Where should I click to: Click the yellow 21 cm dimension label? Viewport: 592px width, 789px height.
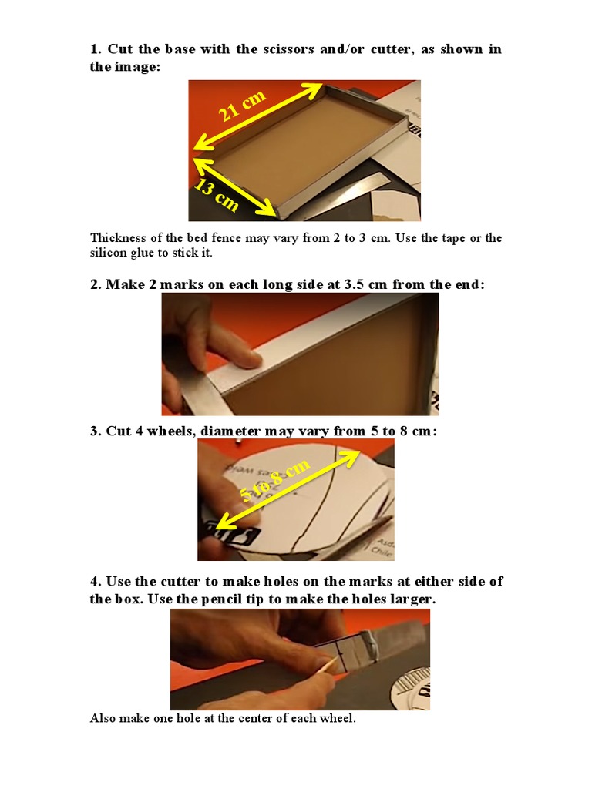pyautogui.click(x=242, y=106)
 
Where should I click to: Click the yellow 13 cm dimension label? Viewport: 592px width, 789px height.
pyautogui.click(x=216, y=195)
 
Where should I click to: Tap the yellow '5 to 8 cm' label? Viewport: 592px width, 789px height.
pyautogui.click(x=275, y=481)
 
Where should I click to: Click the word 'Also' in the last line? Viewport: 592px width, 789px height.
pyautogui.click(x=103, y=719)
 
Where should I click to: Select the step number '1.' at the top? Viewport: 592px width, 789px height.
pyautogui.click(x=96, y=49)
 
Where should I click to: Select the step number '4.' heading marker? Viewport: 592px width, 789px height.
pyautogui.click(x=96, y=581)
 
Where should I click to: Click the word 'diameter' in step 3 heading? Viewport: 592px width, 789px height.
pyautogui.click(x=230, y=431)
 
